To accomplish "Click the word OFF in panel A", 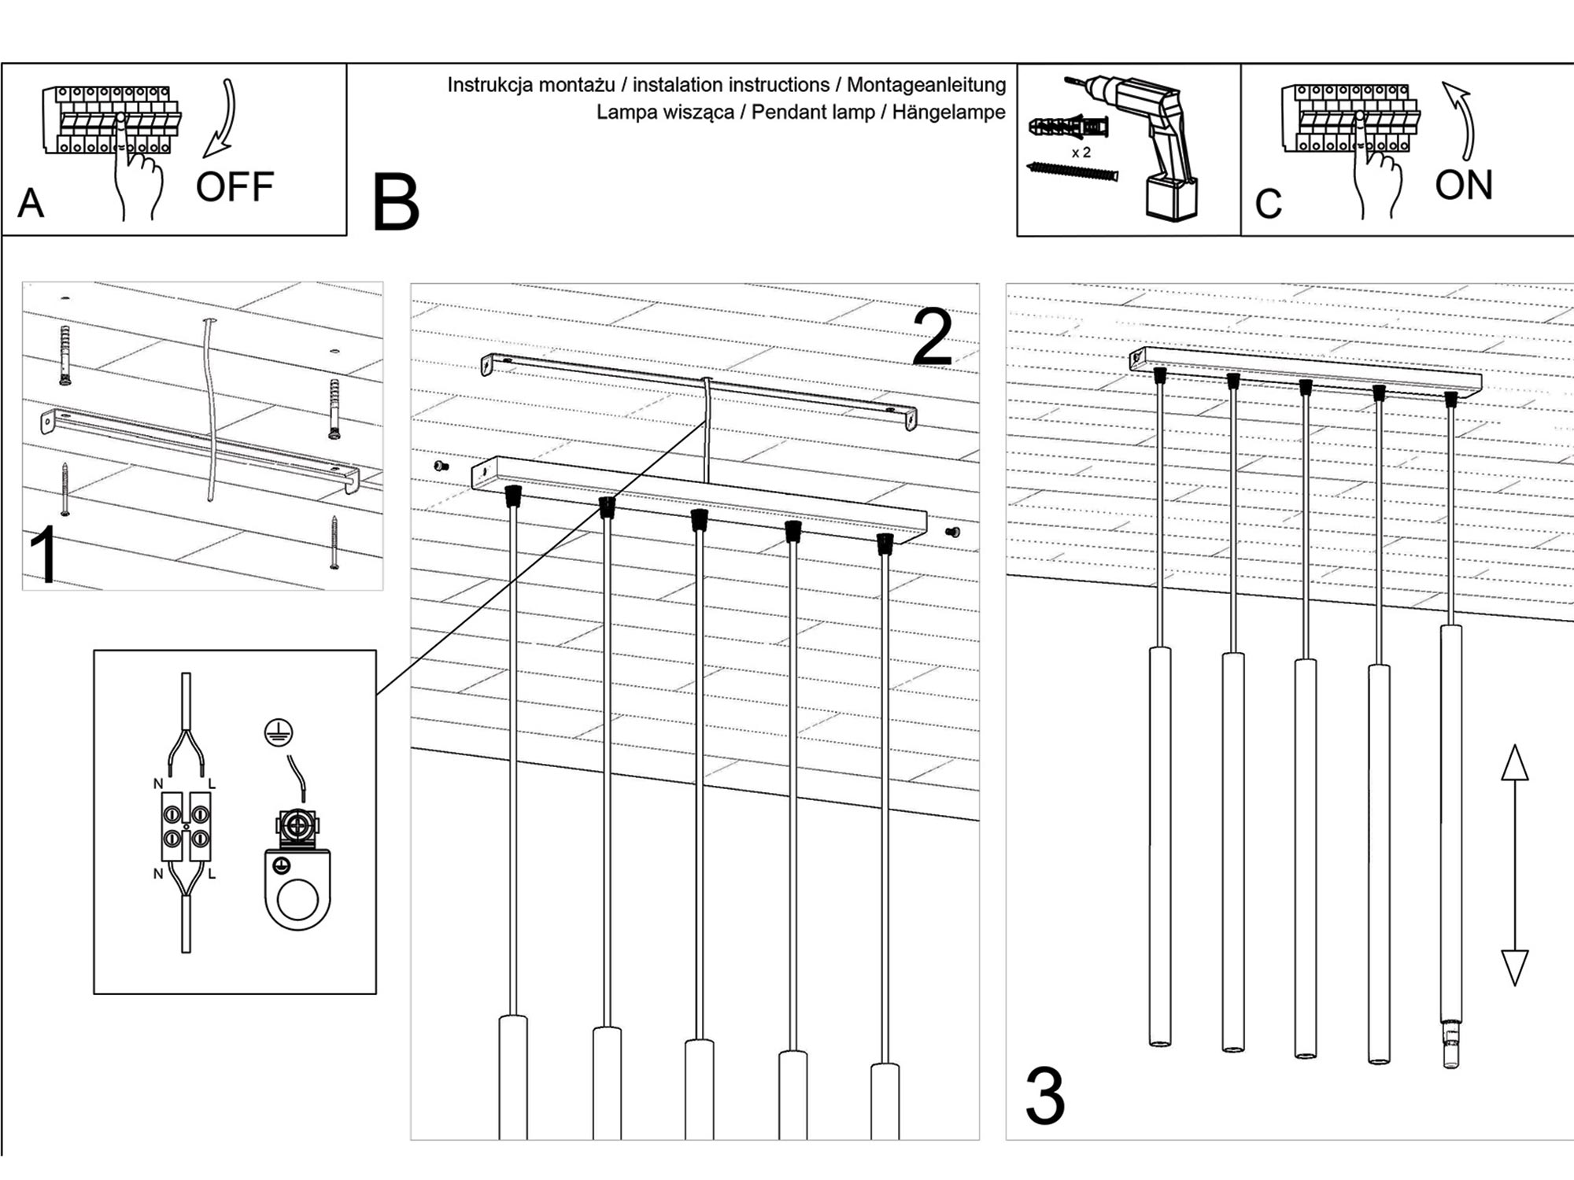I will pos(235,187).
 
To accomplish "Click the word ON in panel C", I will pos(1463,186).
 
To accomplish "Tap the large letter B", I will pos(395,203).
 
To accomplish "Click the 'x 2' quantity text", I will pos(1081,153).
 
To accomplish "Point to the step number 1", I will pos(44,555).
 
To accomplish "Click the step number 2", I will pos(933,338).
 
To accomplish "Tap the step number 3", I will pos(1045,1096).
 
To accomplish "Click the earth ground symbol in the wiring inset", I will pos(279,733).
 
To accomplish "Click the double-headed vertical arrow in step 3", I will pos(1514,865).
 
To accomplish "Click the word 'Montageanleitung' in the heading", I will pos(926,85).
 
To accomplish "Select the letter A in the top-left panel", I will pos(31,203).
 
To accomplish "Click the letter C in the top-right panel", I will pos(1268,204).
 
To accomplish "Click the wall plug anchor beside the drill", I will pos(1068,127).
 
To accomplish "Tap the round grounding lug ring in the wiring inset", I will pos(297,900).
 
